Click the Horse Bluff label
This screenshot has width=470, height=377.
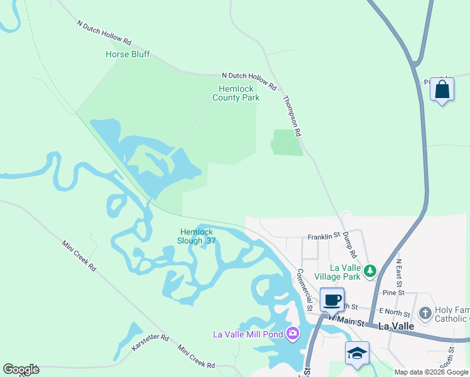128,55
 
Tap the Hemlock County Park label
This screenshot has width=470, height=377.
236,93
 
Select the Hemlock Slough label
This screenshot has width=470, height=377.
198,236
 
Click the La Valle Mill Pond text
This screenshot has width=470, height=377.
248,334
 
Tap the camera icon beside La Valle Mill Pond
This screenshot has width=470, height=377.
292,333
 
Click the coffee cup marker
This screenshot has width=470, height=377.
332,300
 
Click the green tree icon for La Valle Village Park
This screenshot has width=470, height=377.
371,271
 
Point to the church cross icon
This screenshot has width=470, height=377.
425,313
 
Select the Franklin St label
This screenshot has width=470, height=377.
323,237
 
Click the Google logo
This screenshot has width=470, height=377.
21,369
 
